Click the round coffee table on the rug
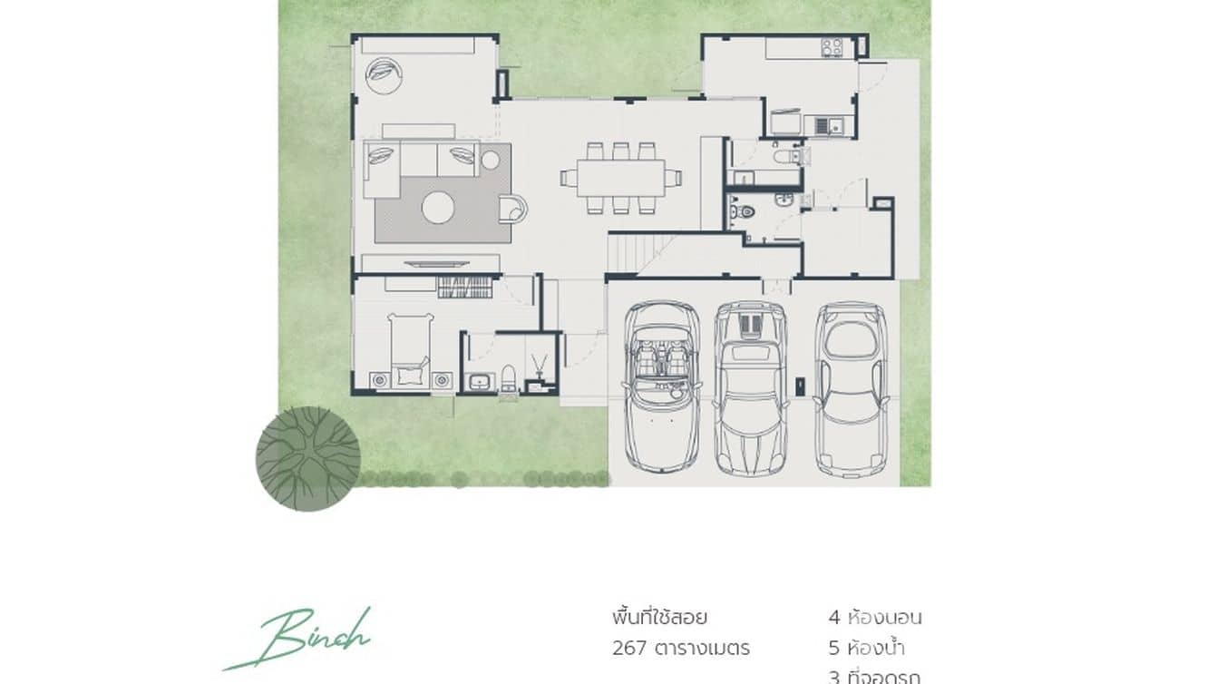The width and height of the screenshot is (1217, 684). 439,208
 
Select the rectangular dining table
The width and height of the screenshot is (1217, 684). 622,178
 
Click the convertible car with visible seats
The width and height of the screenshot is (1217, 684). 663,385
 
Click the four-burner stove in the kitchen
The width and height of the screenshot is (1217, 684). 832,47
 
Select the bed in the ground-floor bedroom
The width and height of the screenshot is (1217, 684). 410,349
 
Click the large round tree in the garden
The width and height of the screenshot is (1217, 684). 308,458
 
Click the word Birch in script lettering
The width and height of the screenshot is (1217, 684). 308,638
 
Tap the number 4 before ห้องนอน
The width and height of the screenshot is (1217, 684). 834,619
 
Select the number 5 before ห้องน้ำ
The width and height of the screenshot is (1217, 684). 834,649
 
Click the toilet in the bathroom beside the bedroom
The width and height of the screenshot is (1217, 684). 509,379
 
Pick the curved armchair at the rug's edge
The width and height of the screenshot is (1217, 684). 514,209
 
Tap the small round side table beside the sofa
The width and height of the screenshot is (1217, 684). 491,161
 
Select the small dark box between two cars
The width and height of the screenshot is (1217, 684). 799,386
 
